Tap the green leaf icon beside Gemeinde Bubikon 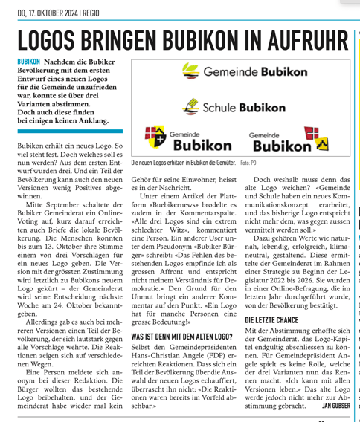pyautogui.click(x=191, y=73)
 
